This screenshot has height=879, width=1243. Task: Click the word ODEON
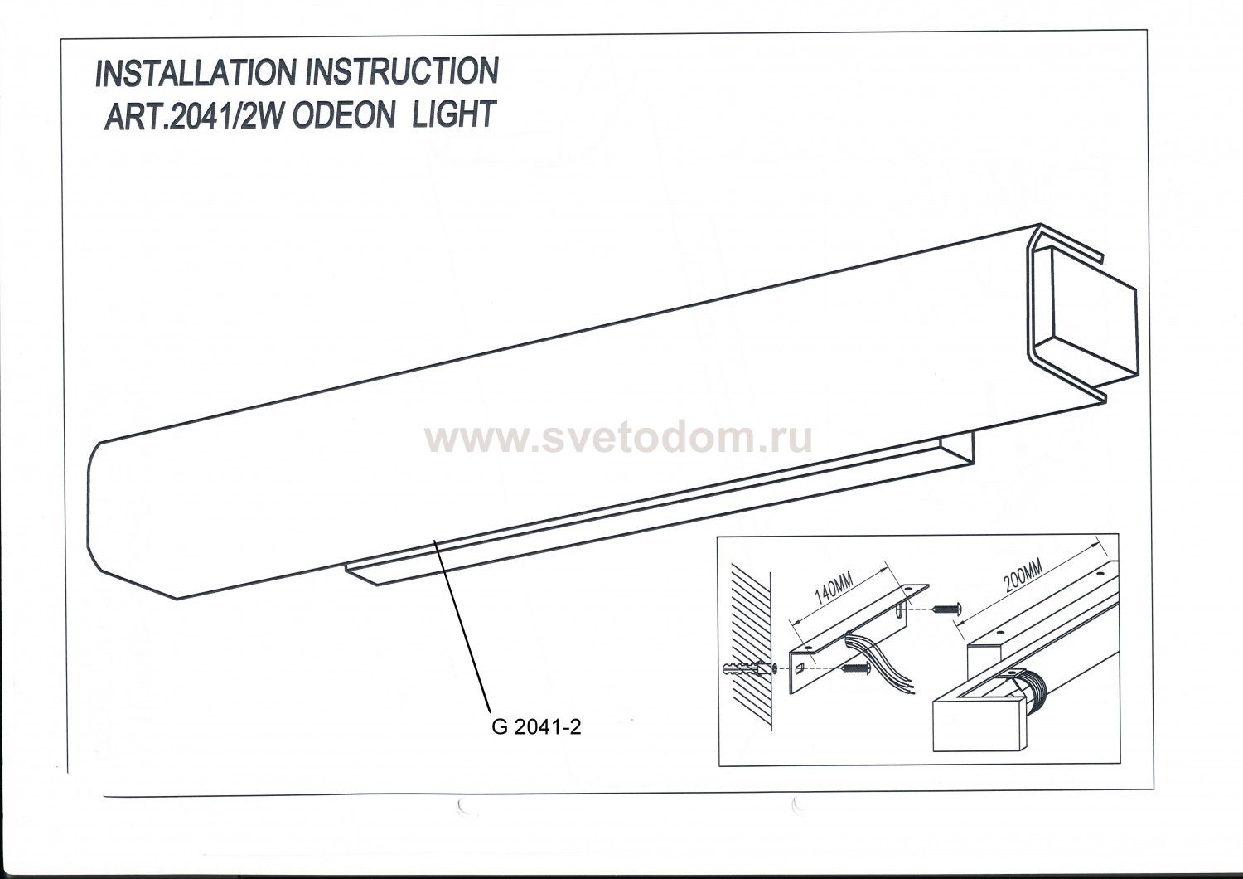point(342,114)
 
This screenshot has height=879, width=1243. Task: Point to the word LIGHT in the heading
point(453,114)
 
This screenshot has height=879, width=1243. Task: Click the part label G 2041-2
point(537,727)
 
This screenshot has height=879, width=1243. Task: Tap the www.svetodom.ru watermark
point(619,439)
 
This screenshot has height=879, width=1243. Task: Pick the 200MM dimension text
point(1023,575)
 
